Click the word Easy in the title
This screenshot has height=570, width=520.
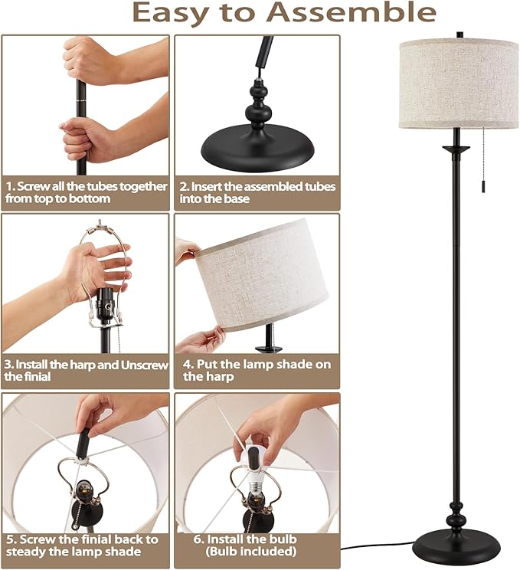(x=171, y=13)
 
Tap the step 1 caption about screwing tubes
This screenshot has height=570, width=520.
(x=86, y=192)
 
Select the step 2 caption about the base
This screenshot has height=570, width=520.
(x=257, y=192)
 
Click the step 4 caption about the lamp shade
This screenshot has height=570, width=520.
(x=257, y=370)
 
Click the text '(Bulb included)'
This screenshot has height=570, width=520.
(x=257, y=551)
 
